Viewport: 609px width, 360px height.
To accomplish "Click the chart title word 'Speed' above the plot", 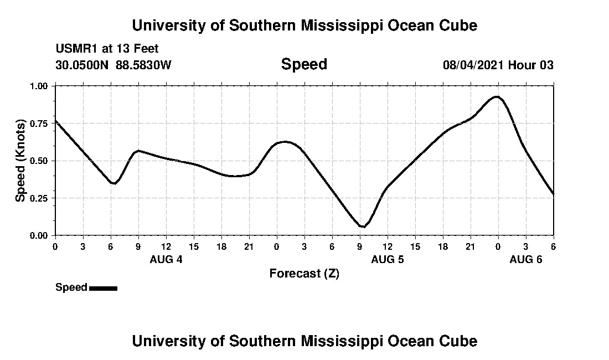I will (304, 64).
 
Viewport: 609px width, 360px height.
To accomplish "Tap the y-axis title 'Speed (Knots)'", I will (20, 160).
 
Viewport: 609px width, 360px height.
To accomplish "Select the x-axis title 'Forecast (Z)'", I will (304, 274).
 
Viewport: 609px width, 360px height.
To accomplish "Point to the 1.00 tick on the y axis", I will (40, 86).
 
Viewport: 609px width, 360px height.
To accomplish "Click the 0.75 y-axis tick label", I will (40, 124).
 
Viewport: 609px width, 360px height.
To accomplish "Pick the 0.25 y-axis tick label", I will (40, 198).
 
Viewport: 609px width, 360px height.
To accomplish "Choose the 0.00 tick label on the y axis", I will (40, 235).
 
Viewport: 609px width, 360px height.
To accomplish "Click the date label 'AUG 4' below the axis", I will (166, 259).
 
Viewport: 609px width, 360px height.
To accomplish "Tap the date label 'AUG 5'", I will (387, 259).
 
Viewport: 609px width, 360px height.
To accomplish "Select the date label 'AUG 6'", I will (525, 259).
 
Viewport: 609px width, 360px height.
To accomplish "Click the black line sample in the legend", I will (103, 288).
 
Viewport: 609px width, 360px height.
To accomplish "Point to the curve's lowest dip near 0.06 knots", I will (363, 227).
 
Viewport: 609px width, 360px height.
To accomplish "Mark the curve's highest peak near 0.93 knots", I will (497, 96).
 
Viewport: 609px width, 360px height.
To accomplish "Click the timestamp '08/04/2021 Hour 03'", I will (498, 65).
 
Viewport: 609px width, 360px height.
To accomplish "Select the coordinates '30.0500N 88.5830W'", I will (113, 65).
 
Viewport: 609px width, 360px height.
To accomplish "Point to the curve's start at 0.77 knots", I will (55, 120).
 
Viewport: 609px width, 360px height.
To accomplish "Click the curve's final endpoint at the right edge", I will (553, 194).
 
